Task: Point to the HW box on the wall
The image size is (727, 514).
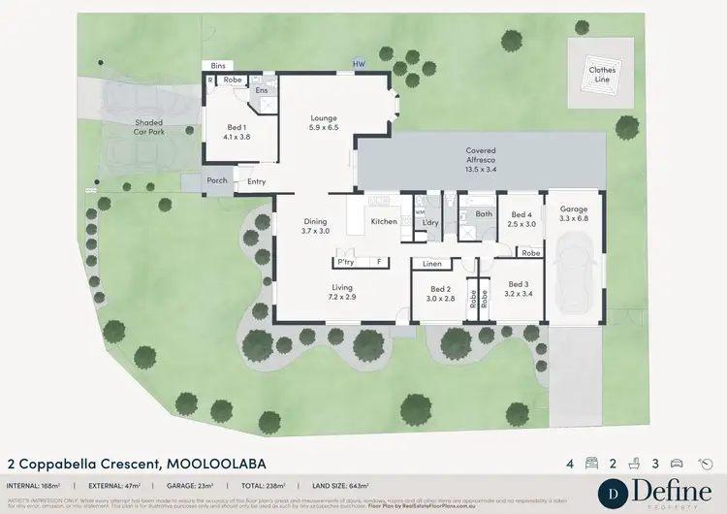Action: [x=359, y=64]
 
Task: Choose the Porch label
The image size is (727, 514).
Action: [x=217, y=181]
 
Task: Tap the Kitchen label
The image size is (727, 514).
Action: [x=385, y=222]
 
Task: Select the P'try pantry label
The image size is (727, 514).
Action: [x=345, y=261]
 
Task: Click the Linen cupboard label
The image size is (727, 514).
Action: [x=432, y=263]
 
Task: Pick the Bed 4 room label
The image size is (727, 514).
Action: [x=522, y=219]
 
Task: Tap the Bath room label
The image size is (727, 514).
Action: [x=484, y=214]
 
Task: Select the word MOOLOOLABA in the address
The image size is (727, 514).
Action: [x=214, y=464]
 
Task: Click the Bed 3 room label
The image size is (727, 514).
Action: [x=518, y=289]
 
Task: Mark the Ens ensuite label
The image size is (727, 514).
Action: [x=262, y=90]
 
